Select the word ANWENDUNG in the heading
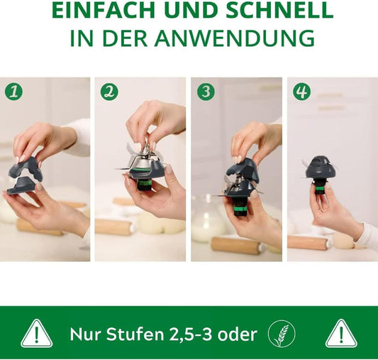(235, 38)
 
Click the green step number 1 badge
(13, 91)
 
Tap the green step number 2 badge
(109, 92)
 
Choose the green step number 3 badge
(206, 92)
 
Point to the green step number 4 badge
(302, 92)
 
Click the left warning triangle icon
(37, 334)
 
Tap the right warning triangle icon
(341, 334)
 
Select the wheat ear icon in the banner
(282, 334)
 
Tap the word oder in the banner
(237, 334)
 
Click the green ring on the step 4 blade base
(319, 188)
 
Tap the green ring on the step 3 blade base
(240, 209)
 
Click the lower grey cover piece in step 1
(21, 185)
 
